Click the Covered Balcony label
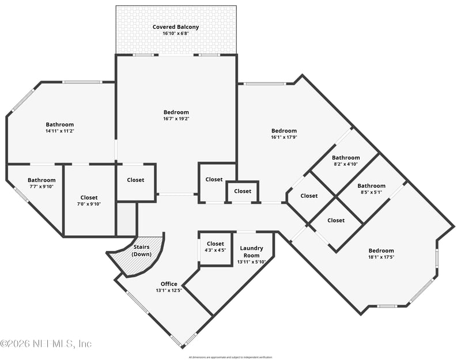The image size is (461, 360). (176, 27)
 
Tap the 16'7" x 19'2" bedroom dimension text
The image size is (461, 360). (176, 119)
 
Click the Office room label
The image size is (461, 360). (168, 284)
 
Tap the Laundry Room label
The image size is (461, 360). (251, 252)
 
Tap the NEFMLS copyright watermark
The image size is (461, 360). (46, 344)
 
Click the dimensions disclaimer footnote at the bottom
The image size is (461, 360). (231, 357)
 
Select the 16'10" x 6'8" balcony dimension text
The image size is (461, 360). (176, 34)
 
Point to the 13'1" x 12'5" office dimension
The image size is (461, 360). (168, 290)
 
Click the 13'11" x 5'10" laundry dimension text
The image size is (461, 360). (251, 262)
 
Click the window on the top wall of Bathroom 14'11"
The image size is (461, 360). (82, 82)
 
